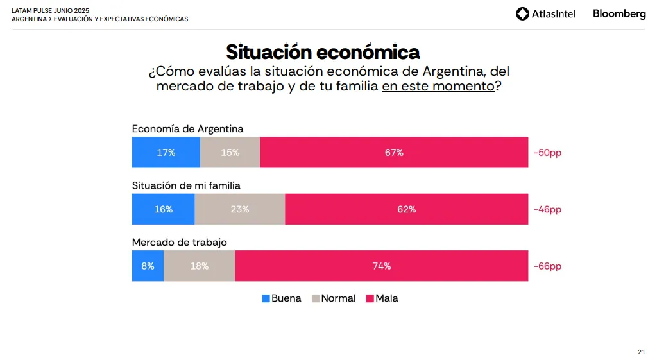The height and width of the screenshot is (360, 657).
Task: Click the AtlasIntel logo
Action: click(x=545, y=13)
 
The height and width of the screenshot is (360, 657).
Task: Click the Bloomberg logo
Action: click(x=619, y=13)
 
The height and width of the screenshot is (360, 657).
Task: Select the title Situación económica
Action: click(x=323, y=51)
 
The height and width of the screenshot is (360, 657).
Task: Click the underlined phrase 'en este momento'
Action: click(x=438, y=86)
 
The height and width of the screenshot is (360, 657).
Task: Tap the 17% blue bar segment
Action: click(x=166, y=153)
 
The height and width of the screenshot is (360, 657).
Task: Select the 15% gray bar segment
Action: click(x=230, y=153)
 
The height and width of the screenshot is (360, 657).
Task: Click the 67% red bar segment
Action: click(x=394, y=153)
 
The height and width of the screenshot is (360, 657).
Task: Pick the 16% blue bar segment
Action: click(x=164, y=209)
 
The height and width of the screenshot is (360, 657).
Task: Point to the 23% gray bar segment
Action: click(x=240, y=209)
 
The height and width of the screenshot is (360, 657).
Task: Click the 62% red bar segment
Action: click(x=406, y=209)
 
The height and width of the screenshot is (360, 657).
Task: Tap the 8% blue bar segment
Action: click(x=148, y=266)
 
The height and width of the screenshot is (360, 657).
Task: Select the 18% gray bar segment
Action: click(x=200, y=266)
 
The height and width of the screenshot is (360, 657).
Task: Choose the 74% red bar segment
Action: click(x=382, y=266)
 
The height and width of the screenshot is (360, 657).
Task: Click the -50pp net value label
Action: click(x=547, y=153)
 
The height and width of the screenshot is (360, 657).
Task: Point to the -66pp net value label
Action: click(x=547, y=266)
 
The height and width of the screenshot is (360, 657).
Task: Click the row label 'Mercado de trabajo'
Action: click(x=180, y=242)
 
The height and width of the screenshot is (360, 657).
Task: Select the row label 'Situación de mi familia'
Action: click(x=186, y=185)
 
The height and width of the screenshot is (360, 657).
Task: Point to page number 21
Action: click(x=641, y=352)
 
